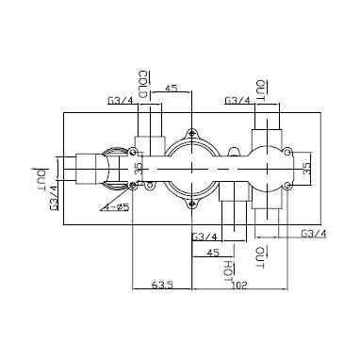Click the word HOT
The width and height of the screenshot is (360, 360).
230,270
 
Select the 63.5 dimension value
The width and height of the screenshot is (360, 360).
162,285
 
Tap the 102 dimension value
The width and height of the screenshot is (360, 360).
239,286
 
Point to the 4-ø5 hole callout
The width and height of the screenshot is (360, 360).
118,207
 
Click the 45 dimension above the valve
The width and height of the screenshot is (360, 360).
171,88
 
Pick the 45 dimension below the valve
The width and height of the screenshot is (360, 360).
212,253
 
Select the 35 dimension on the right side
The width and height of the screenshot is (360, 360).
306,168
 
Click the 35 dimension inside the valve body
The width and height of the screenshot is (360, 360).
139,168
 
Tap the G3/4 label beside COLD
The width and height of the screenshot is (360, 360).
121,101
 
